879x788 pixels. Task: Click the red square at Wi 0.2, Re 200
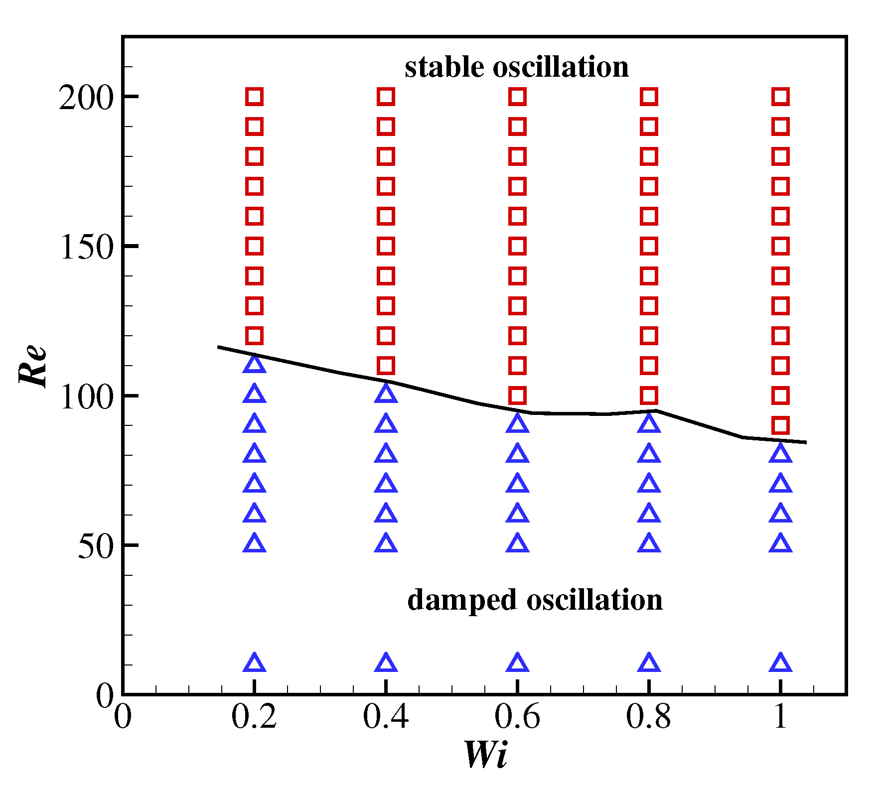[255, 97]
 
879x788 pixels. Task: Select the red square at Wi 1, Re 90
[780, 425]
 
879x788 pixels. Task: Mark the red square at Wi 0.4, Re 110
[386, 366]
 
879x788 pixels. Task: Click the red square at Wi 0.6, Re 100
[517, 395]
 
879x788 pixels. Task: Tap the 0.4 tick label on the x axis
[386, 718]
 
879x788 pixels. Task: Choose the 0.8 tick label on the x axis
[648, 718]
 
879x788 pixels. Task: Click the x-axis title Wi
[486, 755]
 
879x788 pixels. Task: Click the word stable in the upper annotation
[444, 67]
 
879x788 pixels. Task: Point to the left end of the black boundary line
[218, 347]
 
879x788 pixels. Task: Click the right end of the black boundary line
[806, 442]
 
